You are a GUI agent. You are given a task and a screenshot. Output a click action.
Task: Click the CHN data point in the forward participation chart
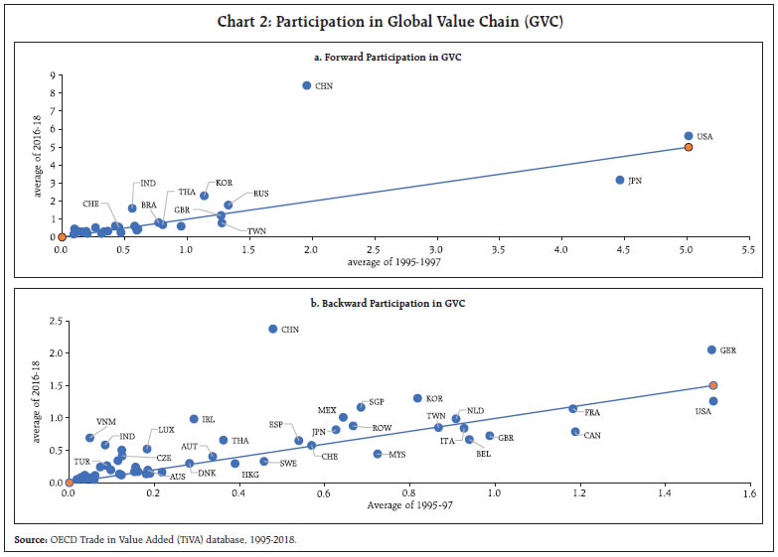[x=307, y=86]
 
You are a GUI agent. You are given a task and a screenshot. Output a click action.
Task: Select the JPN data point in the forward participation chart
[x=620, y=180]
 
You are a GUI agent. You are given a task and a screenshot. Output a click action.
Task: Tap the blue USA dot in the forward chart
[x=689, y=136]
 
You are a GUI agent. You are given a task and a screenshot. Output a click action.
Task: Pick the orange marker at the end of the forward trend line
[x=689, y=147]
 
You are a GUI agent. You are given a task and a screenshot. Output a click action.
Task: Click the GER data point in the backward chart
[x=711, y=349]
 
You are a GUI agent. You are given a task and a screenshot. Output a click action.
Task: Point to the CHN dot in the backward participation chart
[x=273, y=329]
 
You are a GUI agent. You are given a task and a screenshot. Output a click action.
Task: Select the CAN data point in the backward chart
[x=575, y=432]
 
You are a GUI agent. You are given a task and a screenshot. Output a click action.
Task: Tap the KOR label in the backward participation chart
[x=435, y=398]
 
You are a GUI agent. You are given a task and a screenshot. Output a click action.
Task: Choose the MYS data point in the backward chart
[x=378, y=454]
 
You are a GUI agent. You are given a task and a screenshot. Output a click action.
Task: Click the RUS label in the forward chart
[x=261, y=194]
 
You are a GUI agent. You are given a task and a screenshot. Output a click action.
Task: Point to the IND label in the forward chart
[x=148, y=183]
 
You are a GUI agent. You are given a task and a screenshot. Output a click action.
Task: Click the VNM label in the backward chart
[x=105, y=422]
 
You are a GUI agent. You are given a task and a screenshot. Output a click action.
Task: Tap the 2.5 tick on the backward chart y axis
[x=55, y=320]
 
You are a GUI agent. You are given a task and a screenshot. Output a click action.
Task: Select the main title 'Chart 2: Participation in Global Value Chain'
[x=389, y=22]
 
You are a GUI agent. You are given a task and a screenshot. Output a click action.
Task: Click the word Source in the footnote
[x=31, y=539]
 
